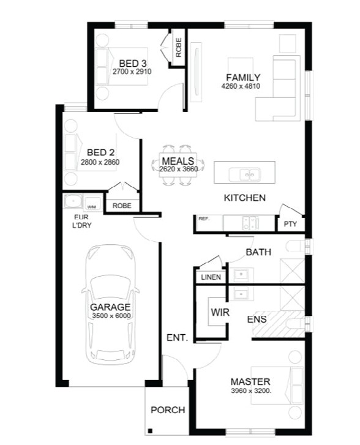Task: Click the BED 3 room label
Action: (133, 63)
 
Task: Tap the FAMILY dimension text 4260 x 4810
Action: (241, 86)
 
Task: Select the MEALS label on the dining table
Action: (178, 161)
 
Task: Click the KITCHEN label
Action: (245, 198)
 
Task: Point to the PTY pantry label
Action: (290, 224)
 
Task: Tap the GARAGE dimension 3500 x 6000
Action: (111, 316)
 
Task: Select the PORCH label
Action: (168, 410)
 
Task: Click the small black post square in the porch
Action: (150, 431)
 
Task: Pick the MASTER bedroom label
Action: (250, 381)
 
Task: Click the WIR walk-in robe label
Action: (220, 312)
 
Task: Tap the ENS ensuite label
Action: (257, 320)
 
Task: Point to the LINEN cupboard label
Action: (211, 277)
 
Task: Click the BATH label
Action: (258, 252)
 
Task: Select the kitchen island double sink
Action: (244, 174)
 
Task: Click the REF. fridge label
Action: (203, 219)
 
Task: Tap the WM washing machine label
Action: (91, 207)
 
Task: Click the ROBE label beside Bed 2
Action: (122, 206)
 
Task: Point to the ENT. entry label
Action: (177, 338)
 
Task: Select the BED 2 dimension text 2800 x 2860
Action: (100, 162)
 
